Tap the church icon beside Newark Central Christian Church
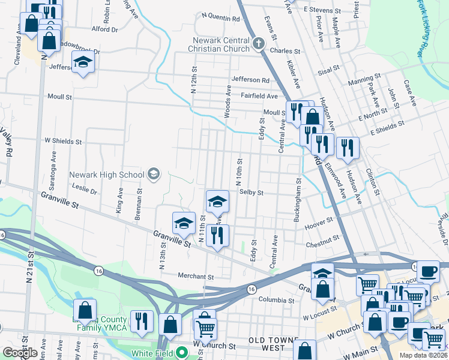point(259,43)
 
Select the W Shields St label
point(64,142)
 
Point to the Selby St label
point(252,193)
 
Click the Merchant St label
point(195,277)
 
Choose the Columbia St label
point(275,299)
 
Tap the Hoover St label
point(319,222)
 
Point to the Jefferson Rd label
point(250,80)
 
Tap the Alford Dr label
point(104,29)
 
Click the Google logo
point(20,353)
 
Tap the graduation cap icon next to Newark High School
point(154,175)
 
